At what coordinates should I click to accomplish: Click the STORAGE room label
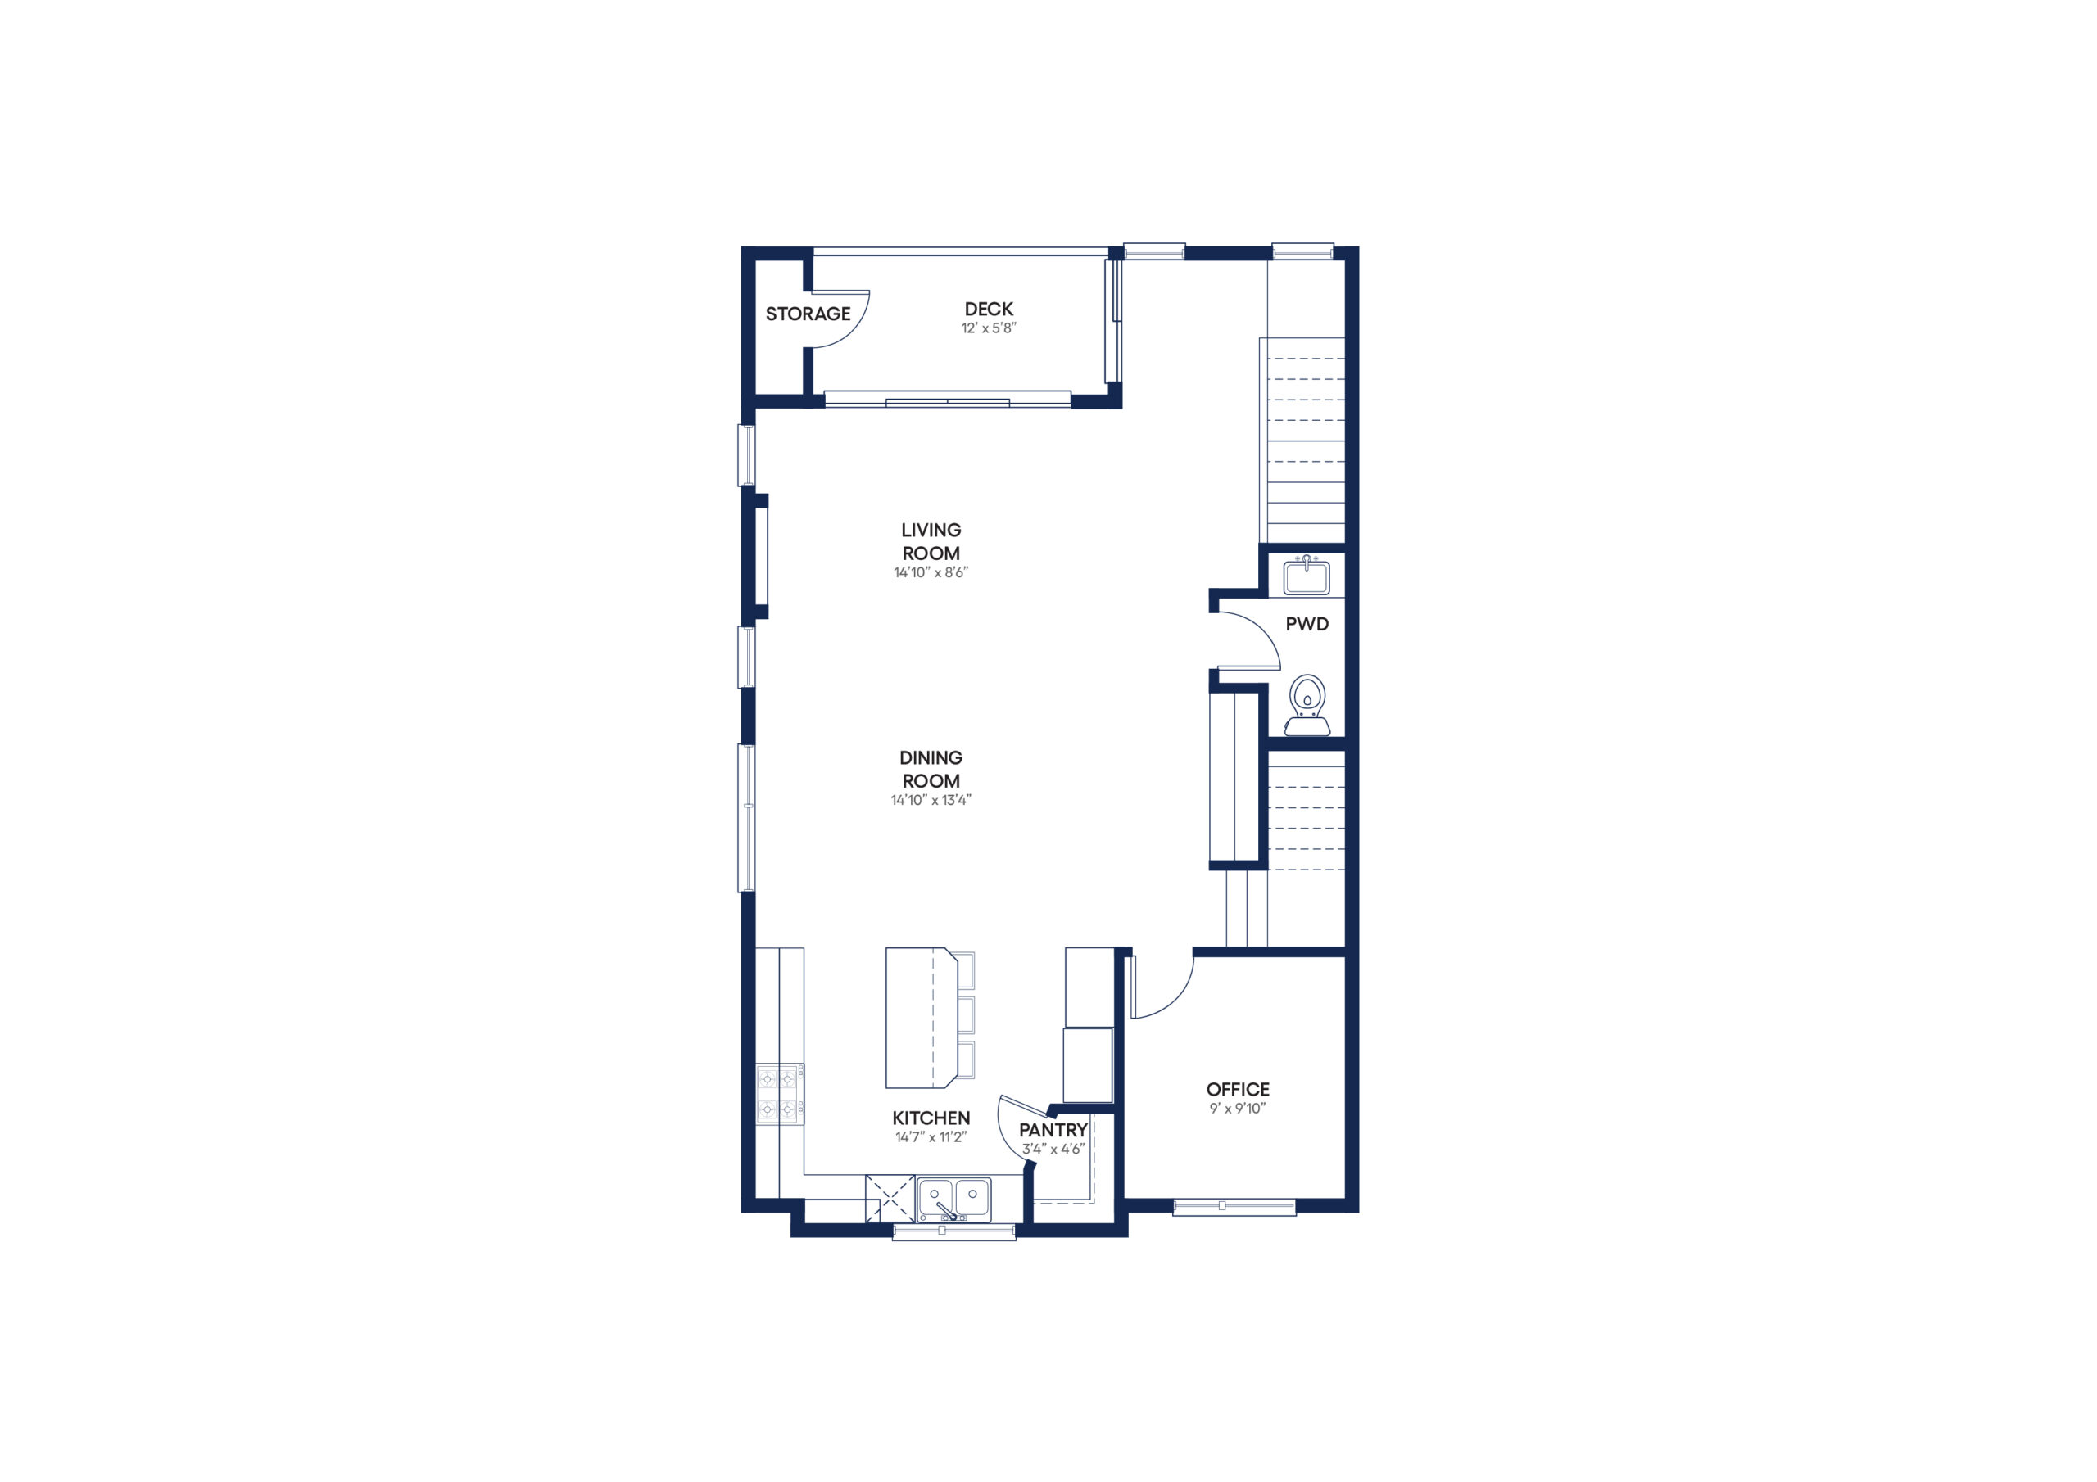[808, 314]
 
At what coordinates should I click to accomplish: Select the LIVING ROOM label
[931, 541]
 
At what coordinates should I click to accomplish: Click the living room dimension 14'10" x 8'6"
[931, 572]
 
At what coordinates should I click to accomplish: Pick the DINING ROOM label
[931, 769]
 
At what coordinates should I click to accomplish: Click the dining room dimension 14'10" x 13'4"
[931, 800]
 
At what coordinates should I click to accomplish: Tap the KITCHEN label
[931, 1118]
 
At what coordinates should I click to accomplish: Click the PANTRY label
[1053, 1131]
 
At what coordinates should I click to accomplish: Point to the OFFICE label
[1238, 1089]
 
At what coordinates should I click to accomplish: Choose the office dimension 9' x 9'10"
[1238, 1109]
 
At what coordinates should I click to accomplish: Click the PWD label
[1307, 625]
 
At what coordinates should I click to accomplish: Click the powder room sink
[1306, 576]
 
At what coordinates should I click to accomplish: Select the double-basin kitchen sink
[953, 1199]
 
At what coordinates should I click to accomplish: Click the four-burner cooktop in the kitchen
[779, 1094]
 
